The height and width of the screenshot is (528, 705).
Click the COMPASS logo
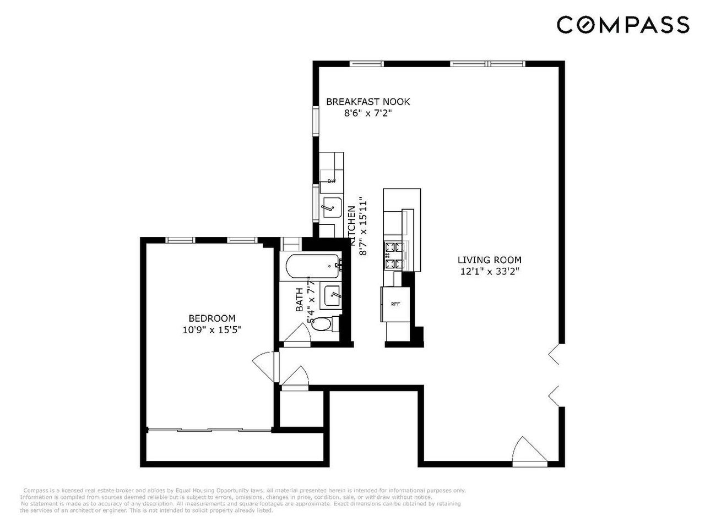622,25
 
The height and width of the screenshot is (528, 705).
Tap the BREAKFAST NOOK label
368,102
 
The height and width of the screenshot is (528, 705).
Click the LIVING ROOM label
489,260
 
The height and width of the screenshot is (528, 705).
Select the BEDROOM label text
212,318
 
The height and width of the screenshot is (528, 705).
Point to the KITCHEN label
351,221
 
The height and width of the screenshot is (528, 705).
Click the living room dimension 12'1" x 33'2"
489,271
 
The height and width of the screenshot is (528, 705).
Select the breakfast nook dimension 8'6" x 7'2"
368,113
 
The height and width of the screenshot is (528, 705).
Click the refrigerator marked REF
395,304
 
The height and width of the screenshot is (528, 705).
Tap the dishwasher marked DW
331,181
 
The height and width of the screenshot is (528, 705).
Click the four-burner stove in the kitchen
394,256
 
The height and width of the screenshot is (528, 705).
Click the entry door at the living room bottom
526,452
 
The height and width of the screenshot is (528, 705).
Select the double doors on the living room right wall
555,374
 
